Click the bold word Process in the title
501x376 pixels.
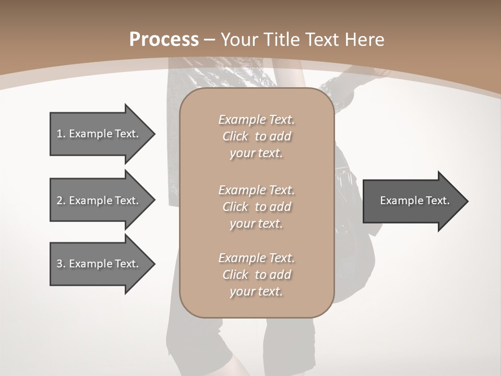[x=164, y=40]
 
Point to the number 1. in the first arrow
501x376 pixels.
[x=61, y=134]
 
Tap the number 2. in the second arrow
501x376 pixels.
[x=61, y=201]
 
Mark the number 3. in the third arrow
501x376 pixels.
[x=61, y=264]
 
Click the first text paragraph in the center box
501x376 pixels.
[x=256, y=136]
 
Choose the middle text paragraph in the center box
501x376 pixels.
[x=256, y=206]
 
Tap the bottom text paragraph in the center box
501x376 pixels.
[x=256, y=275]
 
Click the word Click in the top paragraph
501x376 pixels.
[x=235, y=136]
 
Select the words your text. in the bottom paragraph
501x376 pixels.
[x=256, y=291]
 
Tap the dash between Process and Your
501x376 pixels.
[x=210, y=40]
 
